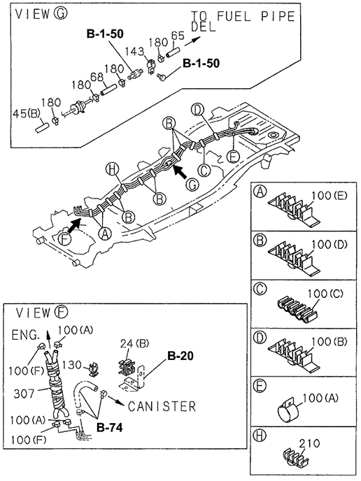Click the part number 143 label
click(134, 52)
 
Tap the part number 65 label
click(178, 36)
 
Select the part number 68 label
click(97, 77)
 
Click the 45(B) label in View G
click(27, 114)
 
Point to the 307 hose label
click(24, 393)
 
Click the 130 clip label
click(72, 365)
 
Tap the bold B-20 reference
click(180, 356)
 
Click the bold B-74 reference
click(110, 427)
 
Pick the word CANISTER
click(162, 406)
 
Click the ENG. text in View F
click(26, 335)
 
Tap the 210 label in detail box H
click(309, 443)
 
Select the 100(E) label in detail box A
click(330, 196)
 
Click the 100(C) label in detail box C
click(325, 294)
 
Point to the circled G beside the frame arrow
click(192, 185)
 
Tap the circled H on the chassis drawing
click(111, 170)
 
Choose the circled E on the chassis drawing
click(233, 157)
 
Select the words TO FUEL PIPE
click(243, 16)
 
